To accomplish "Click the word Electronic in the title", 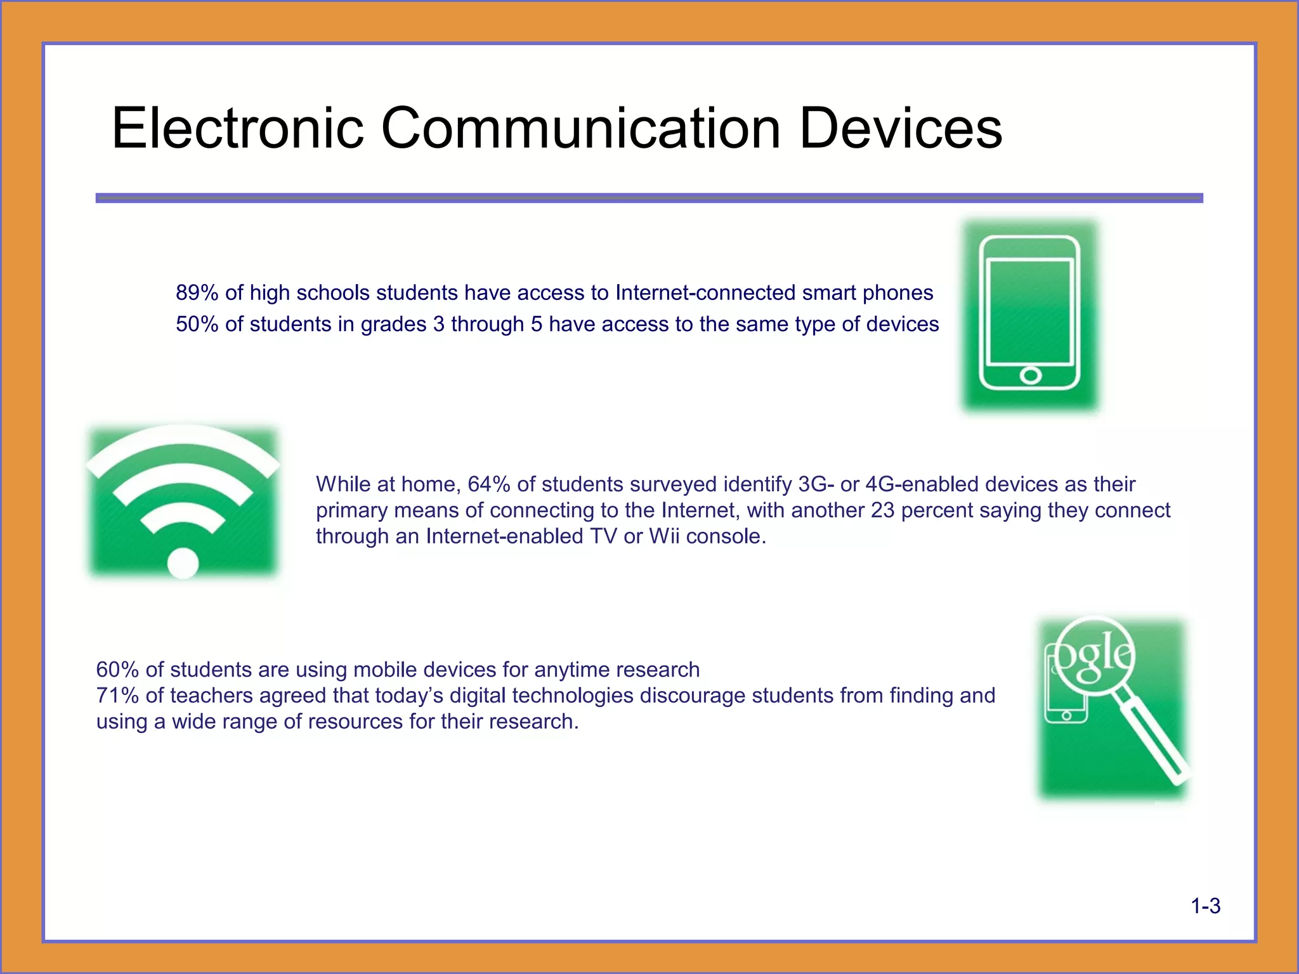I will [238, 128].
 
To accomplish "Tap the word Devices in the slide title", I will [901, 128].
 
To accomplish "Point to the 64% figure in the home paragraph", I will [488, 484].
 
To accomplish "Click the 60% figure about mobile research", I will [117, 670].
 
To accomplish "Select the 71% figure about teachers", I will [117, 696].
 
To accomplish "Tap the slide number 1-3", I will [1205, 906].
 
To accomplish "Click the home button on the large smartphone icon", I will [1030, 375].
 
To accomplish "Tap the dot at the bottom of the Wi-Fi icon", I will [183, 563].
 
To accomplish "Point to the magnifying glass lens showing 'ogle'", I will [1096, 657].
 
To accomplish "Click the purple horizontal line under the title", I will [649, 198].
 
